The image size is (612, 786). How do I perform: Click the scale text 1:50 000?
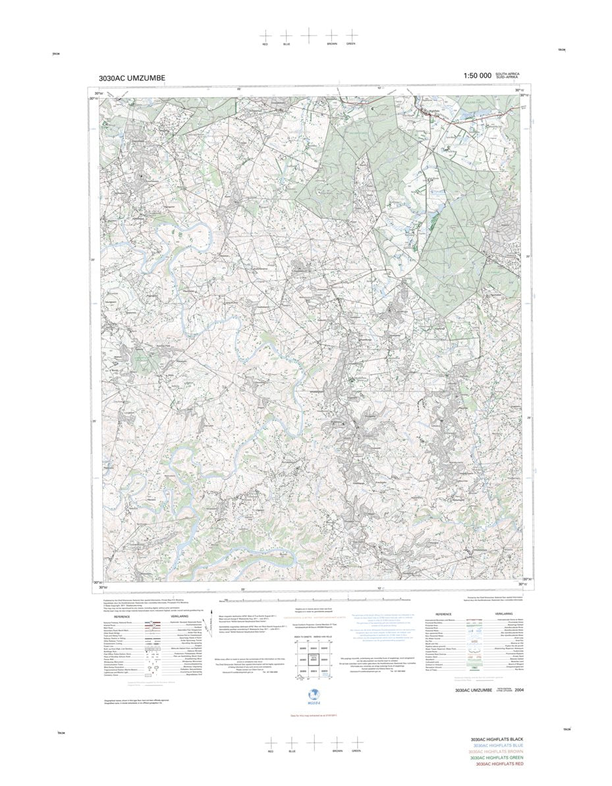pos(477,76)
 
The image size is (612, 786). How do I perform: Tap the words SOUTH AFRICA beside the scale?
pos(508,74)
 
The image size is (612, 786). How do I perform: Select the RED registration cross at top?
pos(265,35)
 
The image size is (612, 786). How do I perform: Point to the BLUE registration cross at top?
pos(286,35)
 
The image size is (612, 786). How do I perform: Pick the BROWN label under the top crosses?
pos(331,43)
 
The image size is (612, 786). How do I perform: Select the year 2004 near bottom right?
pos(521,691)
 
